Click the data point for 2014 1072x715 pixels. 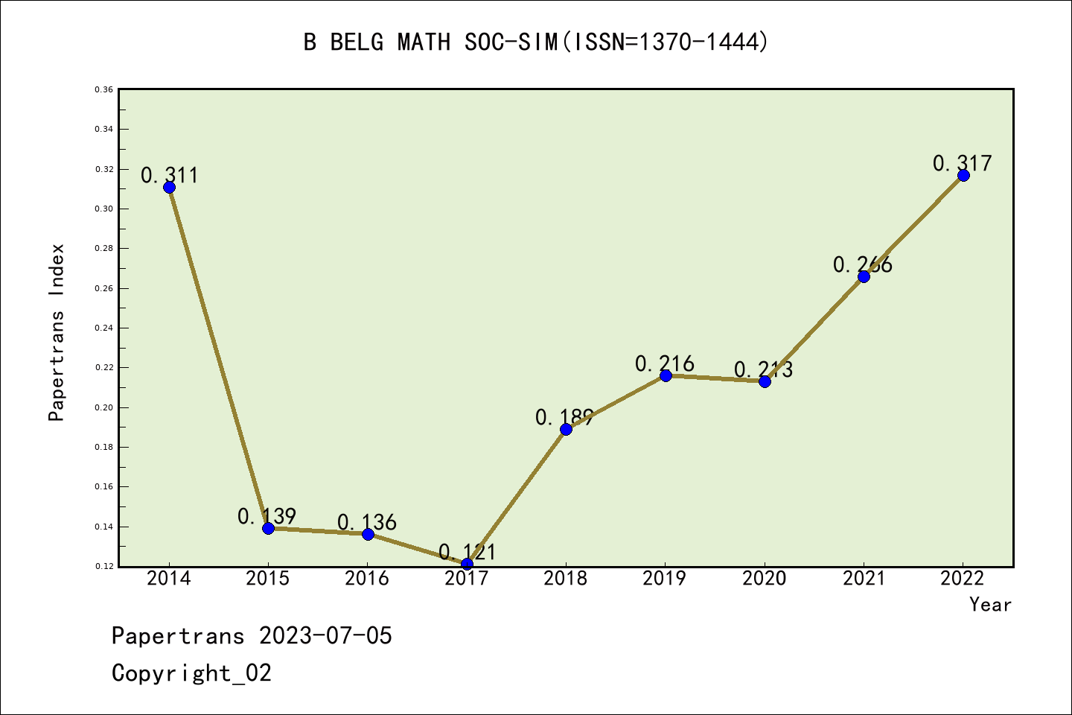click(x=169, y=187)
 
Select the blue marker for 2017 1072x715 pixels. click(x=467, y=564)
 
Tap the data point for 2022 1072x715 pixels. click(x=963, y=175)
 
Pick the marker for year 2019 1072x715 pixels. click(x=666, y=375)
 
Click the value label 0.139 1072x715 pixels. click(x=267, y=516)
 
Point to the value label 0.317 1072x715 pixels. click(x=963, y=163)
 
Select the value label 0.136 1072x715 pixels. click(x=367, y=522)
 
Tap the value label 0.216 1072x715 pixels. click(x=665, y=363)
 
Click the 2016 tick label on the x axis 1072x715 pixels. click(x=367, y=579)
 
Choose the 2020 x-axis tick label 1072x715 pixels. click(x=765, y=579)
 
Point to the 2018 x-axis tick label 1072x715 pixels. click(x=566, y=579)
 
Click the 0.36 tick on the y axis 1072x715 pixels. click(x=103, y=89)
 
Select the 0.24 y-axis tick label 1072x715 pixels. click(x=103, y=328)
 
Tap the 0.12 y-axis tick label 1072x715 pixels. click(x=103, y=566)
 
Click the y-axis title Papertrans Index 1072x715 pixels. click(x=57, y=332)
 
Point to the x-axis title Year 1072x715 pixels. click(x=990, y=604)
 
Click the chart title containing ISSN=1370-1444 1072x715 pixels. click(x=536, y=42)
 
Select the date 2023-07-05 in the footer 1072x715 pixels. click(x=325, y=635)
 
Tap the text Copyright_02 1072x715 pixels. click(x=192, y=673)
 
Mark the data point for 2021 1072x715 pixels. click(x=864, y=276)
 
